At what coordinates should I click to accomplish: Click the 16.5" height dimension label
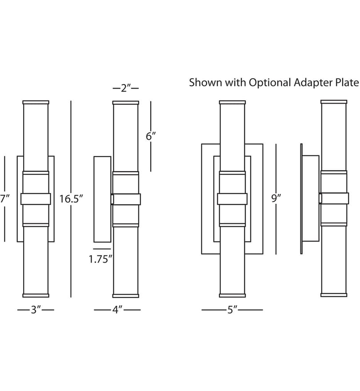[x=71, y=199]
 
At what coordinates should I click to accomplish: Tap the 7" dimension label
[x=4, y=199]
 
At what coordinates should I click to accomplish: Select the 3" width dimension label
[x=36, y=310]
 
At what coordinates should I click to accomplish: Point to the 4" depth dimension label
[x=117, y=310]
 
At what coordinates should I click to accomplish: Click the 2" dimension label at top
[x=125, y=88]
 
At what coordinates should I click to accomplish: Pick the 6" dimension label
[x=151, y=136]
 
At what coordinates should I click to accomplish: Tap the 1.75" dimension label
[x=100, y=259]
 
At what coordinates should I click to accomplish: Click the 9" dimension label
[x=276, y=199]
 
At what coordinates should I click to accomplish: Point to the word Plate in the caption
[x=347, y=82]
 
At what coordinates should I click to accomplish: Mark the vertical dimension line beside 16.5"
[x=71, y=199]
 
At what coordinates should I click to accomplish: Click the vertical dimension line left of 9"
[x=276, y=199]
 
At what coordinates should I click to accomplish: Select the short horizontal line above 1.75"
[x=102, y=249]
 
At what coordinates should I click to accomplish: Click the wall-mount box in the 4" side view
[x=102, y=199]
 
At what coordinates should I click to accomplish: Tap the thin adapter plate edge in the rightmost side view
[x=301, y=199]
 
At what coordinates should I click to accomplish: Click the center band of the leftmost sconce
[x=36, y=199]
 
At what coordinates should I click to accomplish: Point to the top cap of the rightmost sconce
[x=334, y=102]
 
